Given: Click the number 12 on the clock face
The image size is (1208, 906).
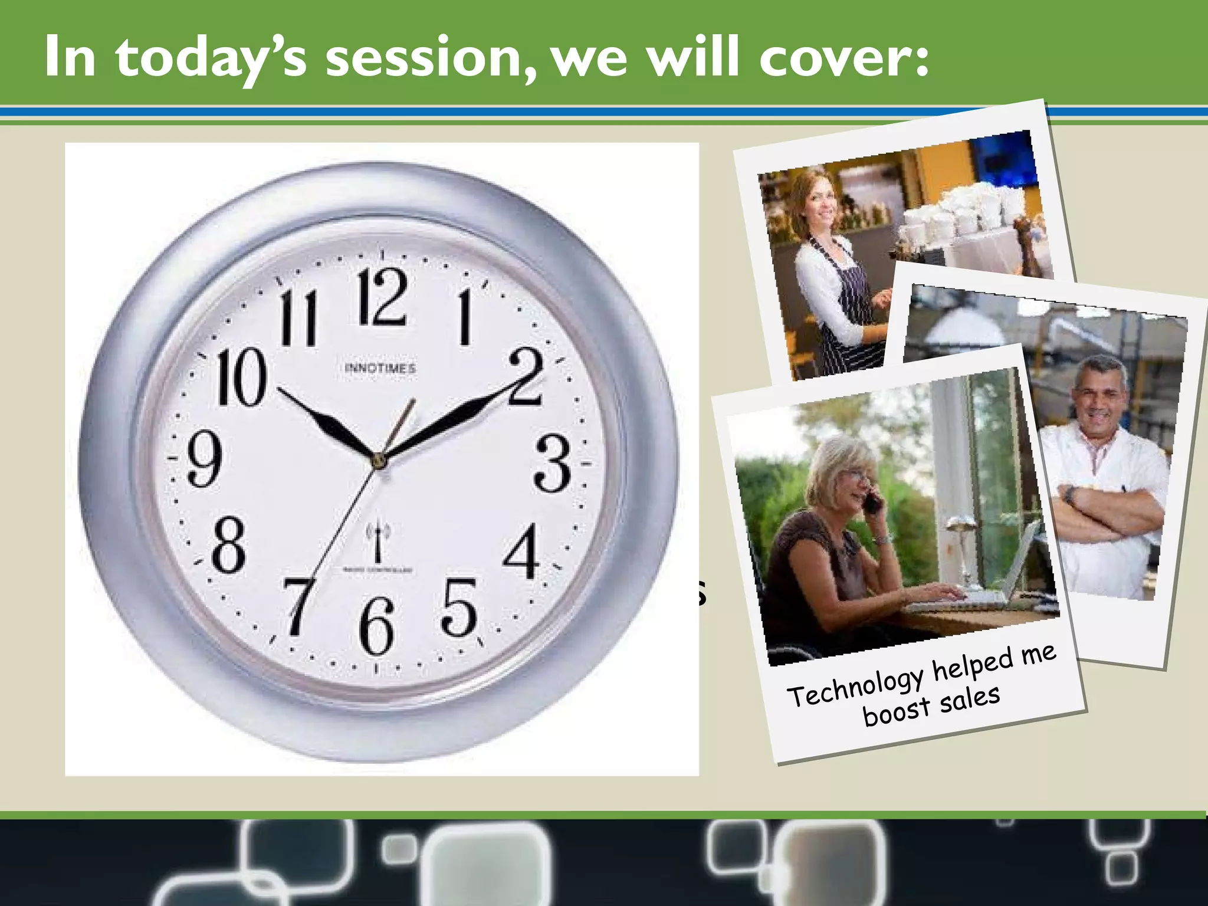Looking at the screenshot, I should click(x=383, y=296).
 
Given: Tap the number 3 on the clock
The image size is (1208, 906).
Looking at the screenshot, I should click(x=553, y=464).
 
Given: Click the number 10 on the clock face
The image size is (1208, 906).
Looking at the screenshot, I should click(x=241, y=377).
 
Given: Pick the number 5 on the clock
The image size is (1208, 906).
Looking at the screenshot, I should click(x=458, y=608).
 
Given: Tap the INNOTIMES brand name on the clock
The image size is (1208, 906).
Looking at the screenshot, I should click(x=380, y=369).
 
